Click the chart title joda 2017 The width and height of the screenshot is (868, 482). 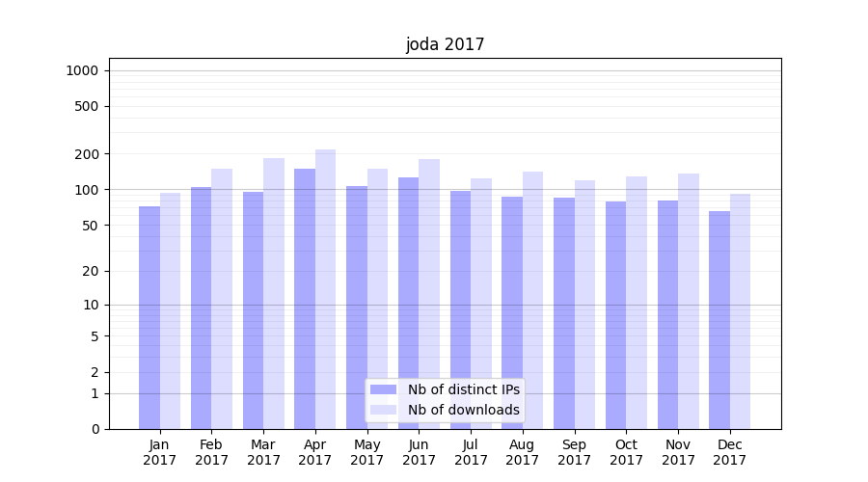[445, 44]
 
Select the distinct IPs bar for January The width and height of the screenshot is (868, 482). [149, 318]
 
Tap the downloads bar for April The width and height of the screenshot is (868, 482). [326, 289]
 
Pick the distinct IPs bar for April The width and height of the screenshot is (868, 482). [305, 299]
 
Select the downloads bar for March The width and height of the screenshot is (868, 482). [274, 294]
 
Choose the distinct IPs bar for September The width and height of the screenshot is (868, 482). [564, 313]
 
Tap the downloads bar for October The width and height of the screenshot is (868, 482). [637, 303]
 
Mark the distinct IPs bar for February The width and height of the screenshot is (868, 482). [202, 308]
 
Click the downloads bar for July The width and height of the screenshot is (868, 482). [481, 304]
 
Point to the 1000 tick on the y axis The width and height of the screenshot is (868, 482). [82, 70]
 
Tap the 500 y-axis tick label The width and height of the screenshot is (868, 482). [88, 106]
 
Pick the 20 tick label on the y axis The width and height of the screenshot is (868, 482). [91, 271]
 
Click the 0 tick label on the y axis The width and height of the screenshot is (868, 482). [95, 429]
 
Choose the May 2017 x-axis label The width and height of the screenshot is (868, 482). [367, 452]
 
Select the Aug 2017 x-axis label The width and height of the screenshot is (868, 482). [523, 452]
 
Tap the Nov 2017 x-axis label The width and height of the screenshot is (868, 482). [678, 452]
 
